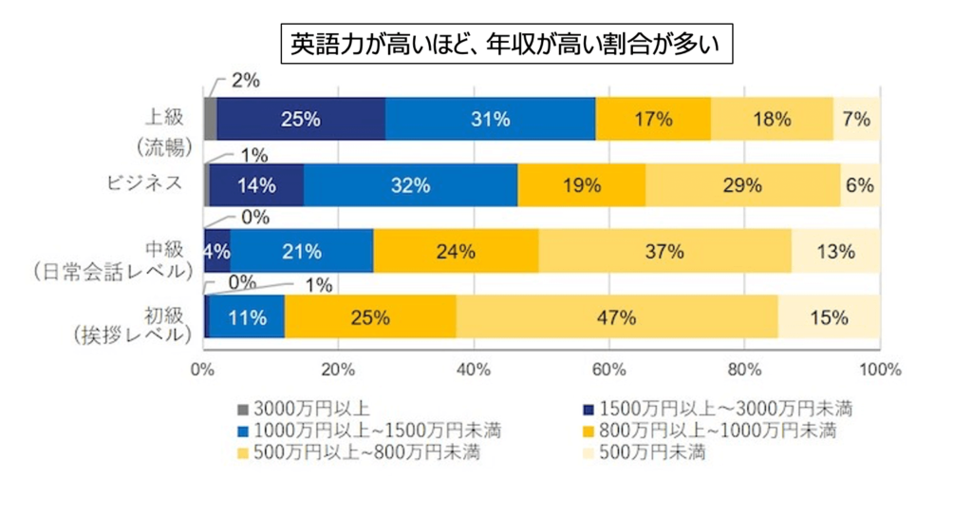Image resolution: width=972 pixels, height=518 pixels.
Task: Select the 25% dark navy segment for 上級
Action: tap(300, 119)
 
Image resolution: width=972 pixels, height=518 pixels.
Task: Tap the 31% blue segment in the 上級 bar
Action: tap(491, 119)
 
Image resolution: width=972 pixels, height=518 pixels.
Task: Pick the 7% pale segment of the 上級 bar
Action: tap(857, 119)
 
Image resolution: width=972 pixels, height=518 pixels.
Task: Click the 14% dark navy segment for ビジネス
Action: tap(256, 185)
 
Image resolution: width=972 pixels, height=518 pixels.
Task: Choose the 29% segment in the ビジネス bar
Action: tap(742, 185)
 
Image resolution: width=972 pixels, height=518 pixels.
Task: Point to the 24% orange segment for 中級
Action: tap(456, 252)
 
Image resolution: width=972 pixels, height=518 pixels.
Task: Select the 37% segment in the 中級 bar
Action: tap(664, 252)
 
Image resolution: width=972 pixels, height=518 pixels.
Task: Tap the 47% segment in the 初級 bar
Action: tap(616, 317)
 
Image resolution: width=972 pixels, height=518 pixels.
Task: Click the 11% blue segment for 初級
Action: tap(246, 317)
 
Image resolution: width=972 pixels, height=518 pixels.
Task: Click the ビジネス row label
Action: tap(142, 183)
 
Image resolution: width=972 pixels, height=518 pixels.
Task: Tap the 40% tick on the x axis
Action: tap(474, 368)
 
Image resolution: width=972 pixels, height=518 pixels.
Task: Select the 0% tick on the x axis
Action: tap(202, 368)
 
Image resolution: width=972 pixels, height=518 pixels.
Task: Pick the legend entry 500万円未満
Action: tap(655, 451)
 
